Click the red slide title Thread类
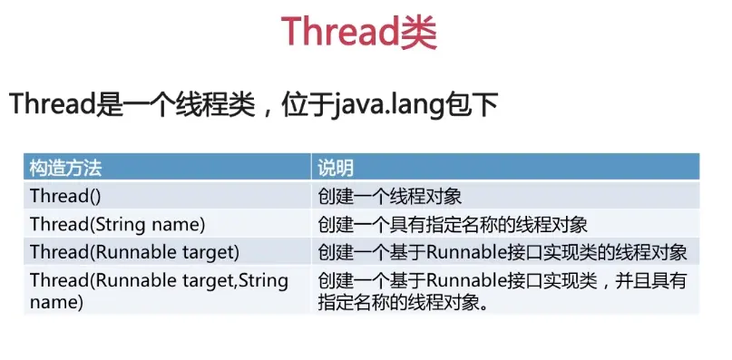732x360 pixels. click(x=358, y=32)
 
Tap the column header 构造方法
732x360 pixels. click(x=65, y=168)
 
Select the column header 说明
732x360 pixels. click(x=336, y=168)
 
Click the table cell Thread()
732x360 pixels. click(x=65, y=196)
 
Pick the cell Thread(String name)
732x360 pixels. click(x=118, y=225)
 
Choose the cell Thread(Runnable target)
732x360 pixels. click(x=134, y=253)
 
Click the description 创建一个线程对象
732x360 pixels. click(x=390, y=197)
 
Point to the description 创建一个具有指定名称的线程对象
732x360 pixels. click(x=453, y=225)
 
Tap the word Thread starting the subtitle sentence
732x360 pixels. click(x=53, y=103)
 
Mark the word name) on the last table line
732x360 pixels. click(x=56, y=303)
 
